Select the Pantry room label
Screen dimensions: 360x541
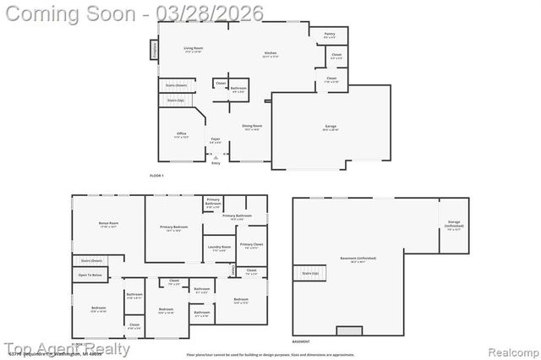point(330,35)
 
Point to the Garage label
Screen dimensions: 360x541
point(330,128)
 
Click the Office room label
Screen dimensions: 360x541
point(182,134)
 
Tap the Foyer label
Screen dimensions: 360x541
point(216,139)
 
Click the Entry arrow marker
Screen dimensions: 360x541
point(216,157)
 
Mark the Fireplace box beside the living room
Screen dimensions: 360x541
point(155,50)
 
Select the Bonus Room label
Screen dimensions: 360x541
point(109,224)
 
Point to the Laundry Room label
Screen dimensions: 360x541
point(220,248)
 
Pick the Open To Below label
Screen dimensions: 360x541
point(90,275)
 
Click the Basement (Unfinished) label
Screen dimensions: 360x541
point(358,259)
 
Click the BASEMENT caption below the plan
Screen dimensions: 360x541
point(301,341)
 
